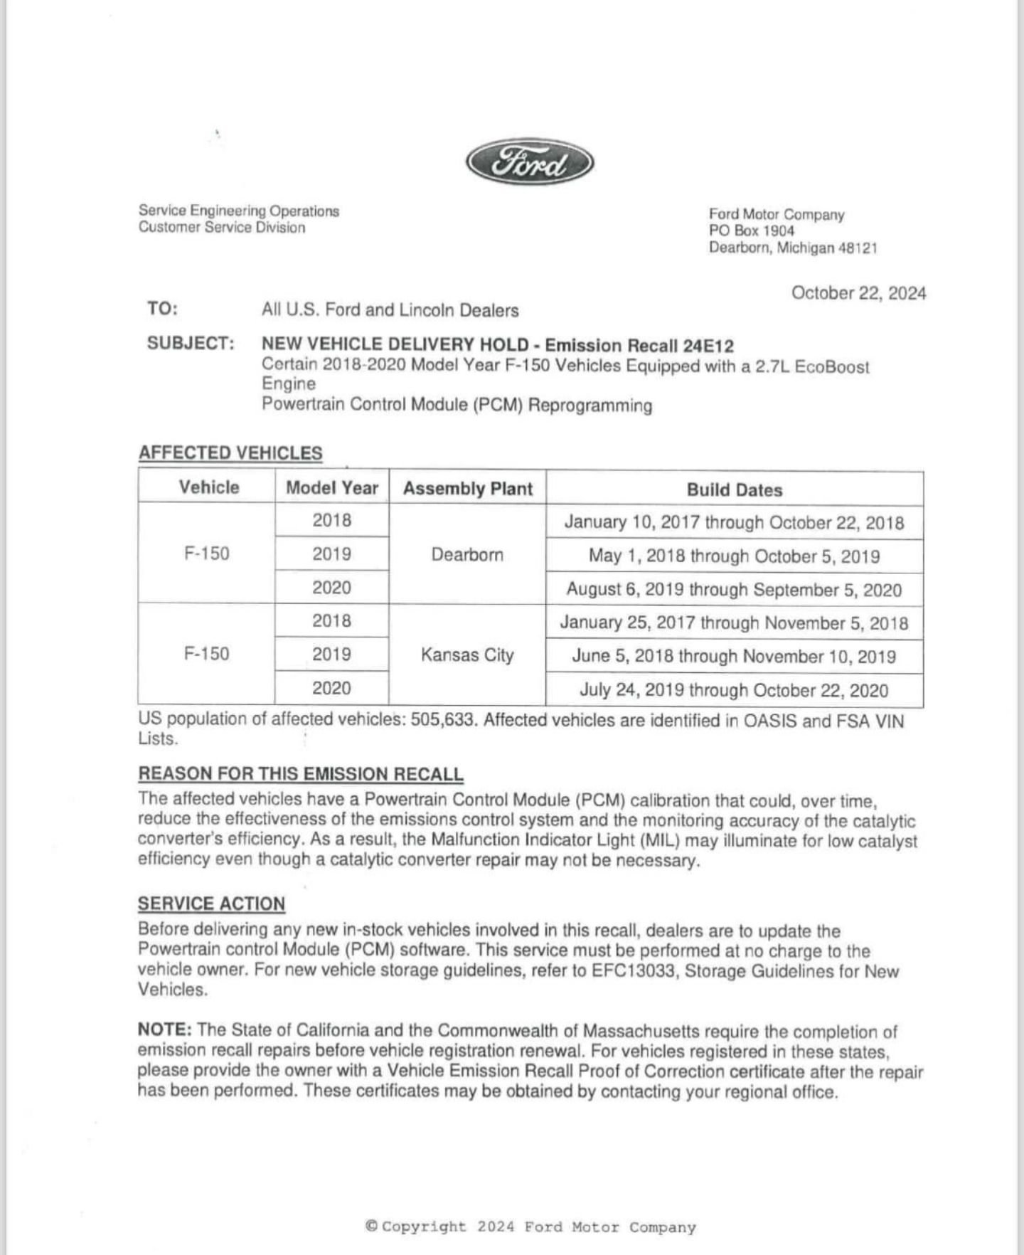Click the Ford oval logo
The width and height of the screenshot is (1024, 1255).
pyautogui.click(x=530, y=163)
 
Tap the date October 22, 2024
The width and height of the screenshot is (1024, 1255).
pyautogui.click(x=858, y=293)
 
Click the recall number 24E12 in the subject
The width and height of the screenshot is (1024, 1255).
pyautogui.click(x=708, y=346)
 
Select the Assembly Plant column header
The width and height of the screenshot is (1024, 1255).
pyautogui.click(x=467, y=489)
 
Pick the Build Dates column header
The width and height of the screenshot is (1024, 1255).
pyautogui.click(x=734, y=490)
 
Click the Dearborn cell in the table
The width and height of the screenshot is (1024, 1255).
pyautogui.click(x=467, y=555)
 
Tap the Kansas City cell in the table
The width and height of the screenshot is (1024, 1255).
pyautogui.click(x=467, y=655)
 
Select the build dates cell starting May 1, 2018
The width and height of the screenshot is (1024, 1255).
pyautogui.click(x=734, y=556)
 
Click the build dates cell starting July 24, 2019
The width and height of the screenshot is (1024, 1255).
pyautogui.click(x=734, y=690)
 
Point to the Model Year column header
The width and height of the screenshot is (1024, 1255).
pyautogui.click(x=331, y=488)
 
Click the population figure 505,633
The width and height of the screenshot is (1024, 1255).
pyautogui.click(x=442, y=720)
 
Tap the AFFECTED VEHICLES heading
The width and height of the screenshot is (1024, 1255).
pyautogui.click(x=230, y=453)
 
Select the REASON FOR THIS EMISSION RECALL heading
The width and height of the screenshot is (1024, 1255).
pyautogui.click(x=300, y=774)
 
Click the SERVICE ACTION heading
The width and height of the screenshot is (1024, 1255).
pyautogui.click(x=211, y=904)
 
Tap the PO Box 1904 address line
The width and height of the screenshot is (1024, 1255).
pyautogui.click(x=752, y=231)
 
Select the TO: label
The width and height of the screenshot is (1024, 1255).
pyautogui.click(x=162, y=309)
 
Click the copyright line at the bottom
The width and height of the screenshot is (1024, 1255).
pyautogui.click(x=530, y=1227)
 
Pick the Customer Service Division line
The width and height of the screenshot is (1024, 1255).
pyautogui.click(x=222, y=228)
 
